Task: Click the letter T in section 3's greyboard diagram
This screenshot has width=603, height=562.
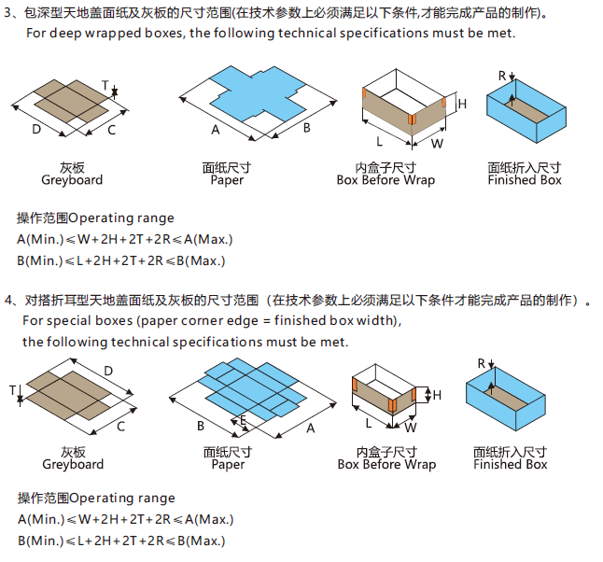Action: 105,84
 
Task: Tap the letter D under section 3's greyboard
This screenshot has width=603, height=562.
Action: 36,129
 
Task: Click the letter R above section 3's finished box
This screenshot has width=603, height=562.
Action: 502,75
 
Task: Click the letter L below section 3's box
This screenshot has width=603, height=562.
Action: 379,142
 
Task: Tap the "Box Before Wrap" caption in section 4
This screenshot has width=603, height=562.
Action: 386,464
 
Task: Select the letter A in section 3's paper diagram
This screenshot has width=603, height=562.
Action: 215,129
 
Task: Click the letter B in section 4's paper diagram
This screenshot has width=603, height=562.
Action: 200,426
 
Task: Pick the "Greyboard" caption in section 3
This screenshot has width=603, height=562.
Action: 72,180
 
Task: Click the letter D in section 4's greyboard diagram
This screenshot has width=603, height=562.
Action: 108,371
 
